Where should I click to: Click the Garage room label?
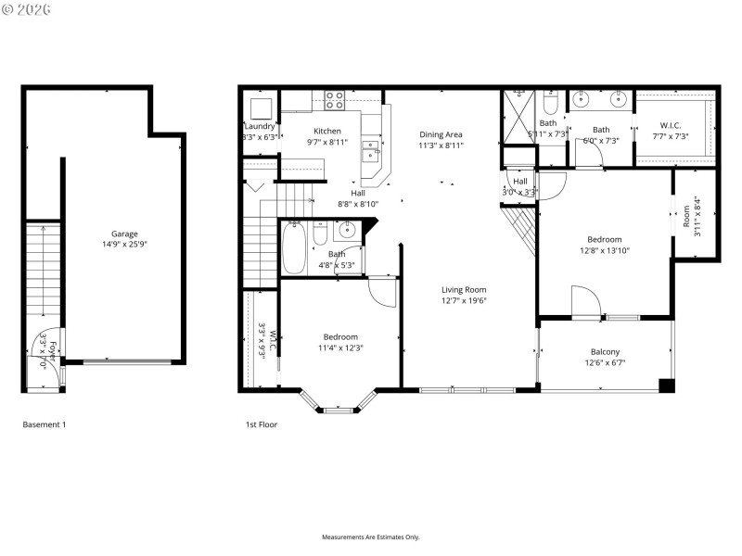click(x=124, y=234)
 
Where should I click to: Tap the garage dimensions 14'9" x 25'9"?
click(x=124, y=245)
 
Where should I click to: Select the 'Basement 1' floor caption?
click(x=45, y=424)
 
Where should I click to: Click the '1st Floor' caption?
click(x=262, y=424)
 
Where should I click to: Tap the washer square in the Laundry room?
click(x=260, y=105)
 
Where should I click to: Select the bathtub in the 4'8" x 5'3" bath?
click(x=294, y=247)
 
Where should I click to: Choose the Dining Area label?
click(x=441, y=134)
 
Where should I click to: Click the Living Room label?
click(x=464, y=289)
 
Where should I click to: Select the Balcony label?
click(x=606, y=351)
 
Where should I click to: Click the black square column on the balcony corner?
click(x=665, y=385)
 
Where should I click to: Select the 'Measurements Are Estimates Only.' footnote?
click(x=371, y=537)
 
